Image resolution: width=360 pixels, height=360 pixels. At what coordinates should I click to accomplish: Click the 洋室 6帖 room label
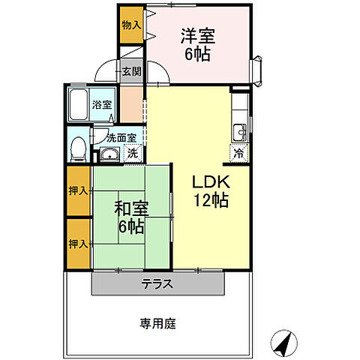click(196, 44)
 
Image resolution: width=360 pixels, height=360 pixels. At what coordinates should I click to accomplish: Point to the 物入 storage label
click(131, 25)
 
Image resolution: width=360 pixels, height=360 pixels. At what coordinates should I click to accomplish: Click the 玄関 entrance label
click(132, 72)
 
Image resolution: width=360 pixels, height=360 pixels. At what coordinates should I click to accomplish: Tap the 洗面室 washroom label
click(121, 138)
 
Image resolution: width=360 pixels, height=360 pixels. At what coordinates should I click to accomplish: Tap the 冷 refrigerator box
click(238, 154)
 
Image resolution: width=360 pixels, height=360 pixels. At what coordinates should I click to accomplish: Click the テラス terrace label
click(157, 284)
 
